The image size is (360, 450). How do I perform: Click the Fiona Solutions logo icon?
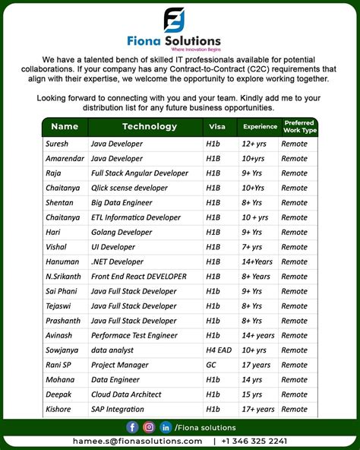coord(175,19)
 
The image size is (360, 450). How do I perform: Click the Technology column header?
coord(150,127)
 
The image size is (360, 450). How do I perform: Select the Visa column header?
coord(217,127)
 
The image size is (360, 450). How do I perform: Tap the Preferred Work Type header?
coord(299,127)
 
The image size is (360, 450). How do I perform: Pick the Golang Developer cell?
coord(122,232)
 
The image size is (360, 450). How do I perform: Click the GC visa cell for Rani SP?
coord(210,365)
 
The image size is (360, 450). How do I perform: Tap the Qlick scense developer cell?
coord(129,188)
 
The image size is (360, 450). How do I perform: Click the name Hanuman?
coord(63,261)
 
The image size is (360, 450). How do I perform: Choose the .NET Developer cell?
coord(117,261)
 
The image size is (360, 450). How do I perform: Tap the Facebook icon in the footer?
coord(133,427)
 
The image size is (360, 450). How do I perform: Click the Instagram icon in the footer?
coord(150,427)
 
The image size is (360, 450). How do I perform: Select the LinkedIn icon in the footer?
coord(166,427)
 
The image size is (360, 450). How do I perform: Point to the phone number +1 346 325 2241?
coord(255,441)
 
